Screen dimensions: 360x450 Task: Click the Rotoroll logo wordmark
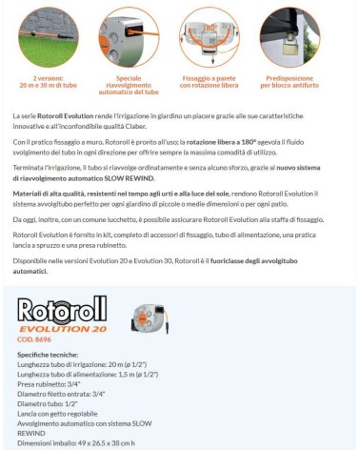coord(63,310)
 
